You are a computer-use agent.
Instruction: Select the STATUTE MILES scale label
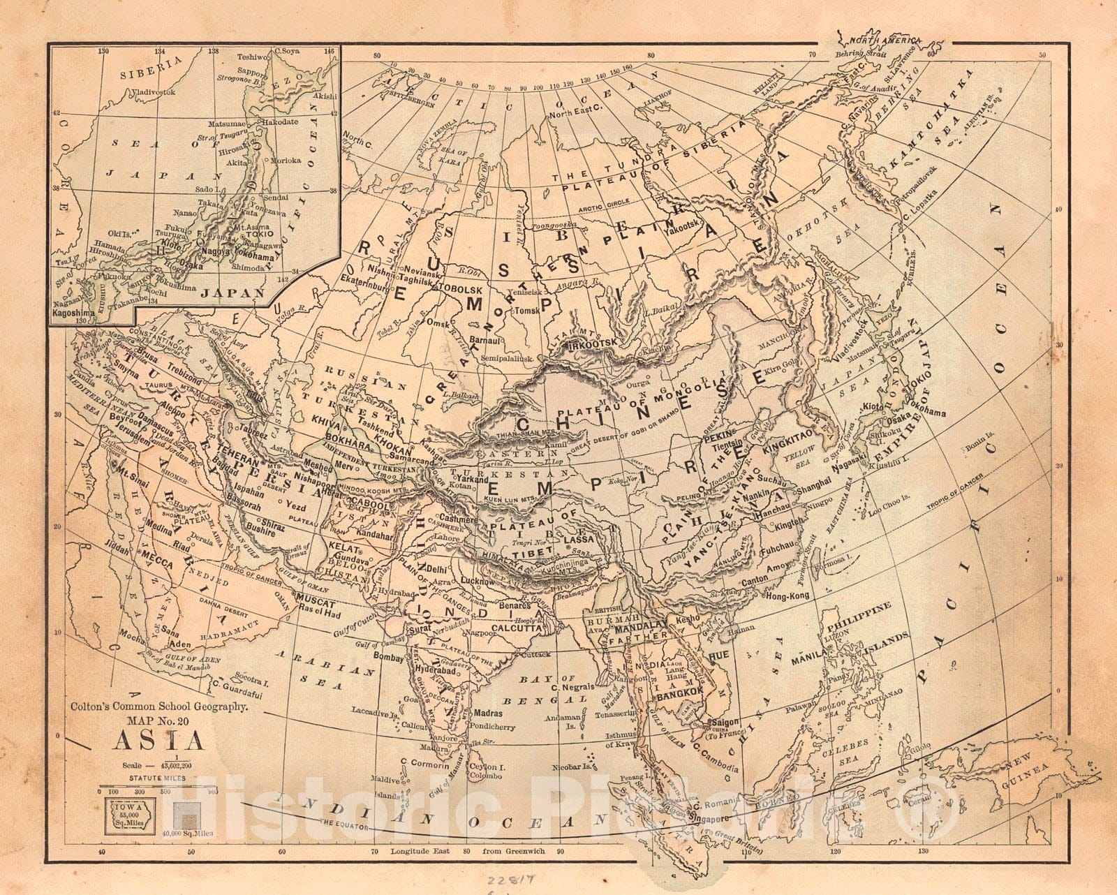tap(156, 776)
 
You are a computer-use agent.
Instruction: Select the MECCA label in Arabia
tap(158, 556)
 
